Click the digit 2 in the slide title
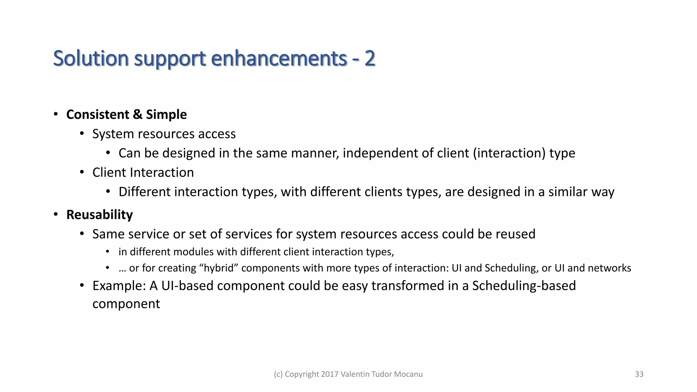pyautogui.click(x=370, y=58)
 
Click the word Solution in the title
pyautogui.click(x=91, y=58)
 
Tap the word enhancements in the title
pyautogui.click(x=279, y=58)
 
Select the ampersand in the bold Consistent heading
pyautogui.click(x=137, y=114)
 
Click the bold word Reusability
pyautogui.click(x=99, y=215)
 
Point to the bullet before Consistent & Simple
pyautogui.click(x=55, y=114)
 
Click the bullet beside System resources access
pyautogui.click(x=82, y=134)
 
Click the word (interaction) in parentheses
pyautogui.click(x=509, y=153)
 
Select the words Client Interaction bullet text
pyautogui.click(x=143, y=173)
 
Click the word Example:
pyautogui.click(x=119, y=286)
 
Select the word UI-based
pyautogui.click(x=187, y=286)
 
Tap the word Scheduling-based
pyautogui.click(x=524, y=286)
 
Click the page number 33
pyautogui.click(x=639, y=374)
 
